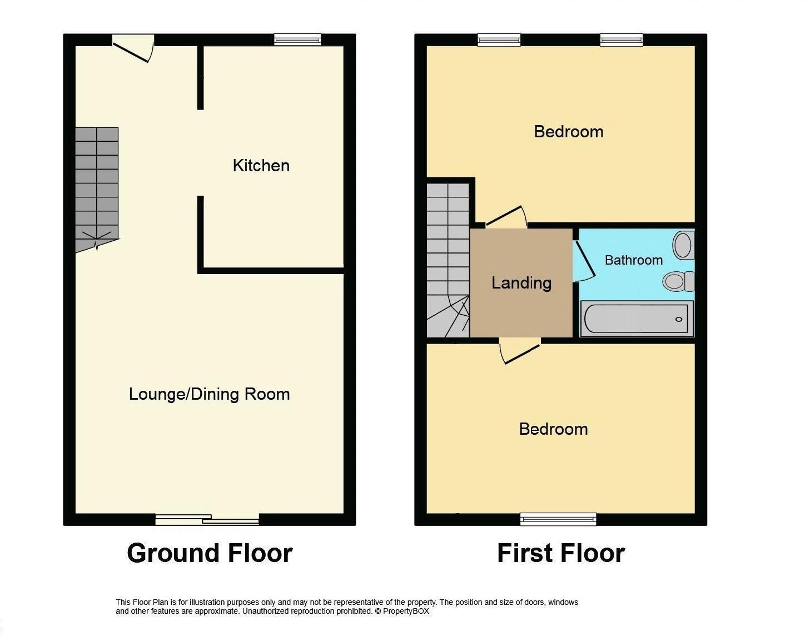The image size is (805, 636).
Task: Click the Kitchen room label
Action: point(261,166)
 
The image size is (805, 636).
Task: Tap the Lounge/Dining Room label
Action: point(209,394)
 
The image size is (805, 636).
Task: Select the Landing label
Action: point(521,283)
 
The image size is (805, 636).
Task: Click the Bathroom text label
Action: point(633,260)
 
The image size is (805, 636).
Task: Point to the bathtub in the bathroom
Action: point(637,319)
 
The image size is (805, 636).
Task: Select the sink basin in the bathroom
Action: point(683,245)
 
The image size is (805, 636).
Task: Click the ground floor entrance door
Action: point(133,48)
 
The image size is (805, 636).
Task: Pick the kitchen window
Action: point(297,39)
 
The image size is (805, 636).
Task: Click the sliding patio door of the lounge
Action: point(207,520)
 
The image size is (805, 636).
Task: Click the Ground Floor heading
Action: point(210,554)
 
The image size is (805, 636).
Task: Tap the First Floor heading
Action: point(560,554)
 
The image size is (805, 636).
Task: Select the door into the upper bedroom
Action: point(506,217)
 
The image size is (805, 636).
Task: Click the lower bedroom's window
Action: point(558,520)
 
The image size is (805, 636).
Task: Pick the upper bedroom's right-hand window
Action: point(621,39)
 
